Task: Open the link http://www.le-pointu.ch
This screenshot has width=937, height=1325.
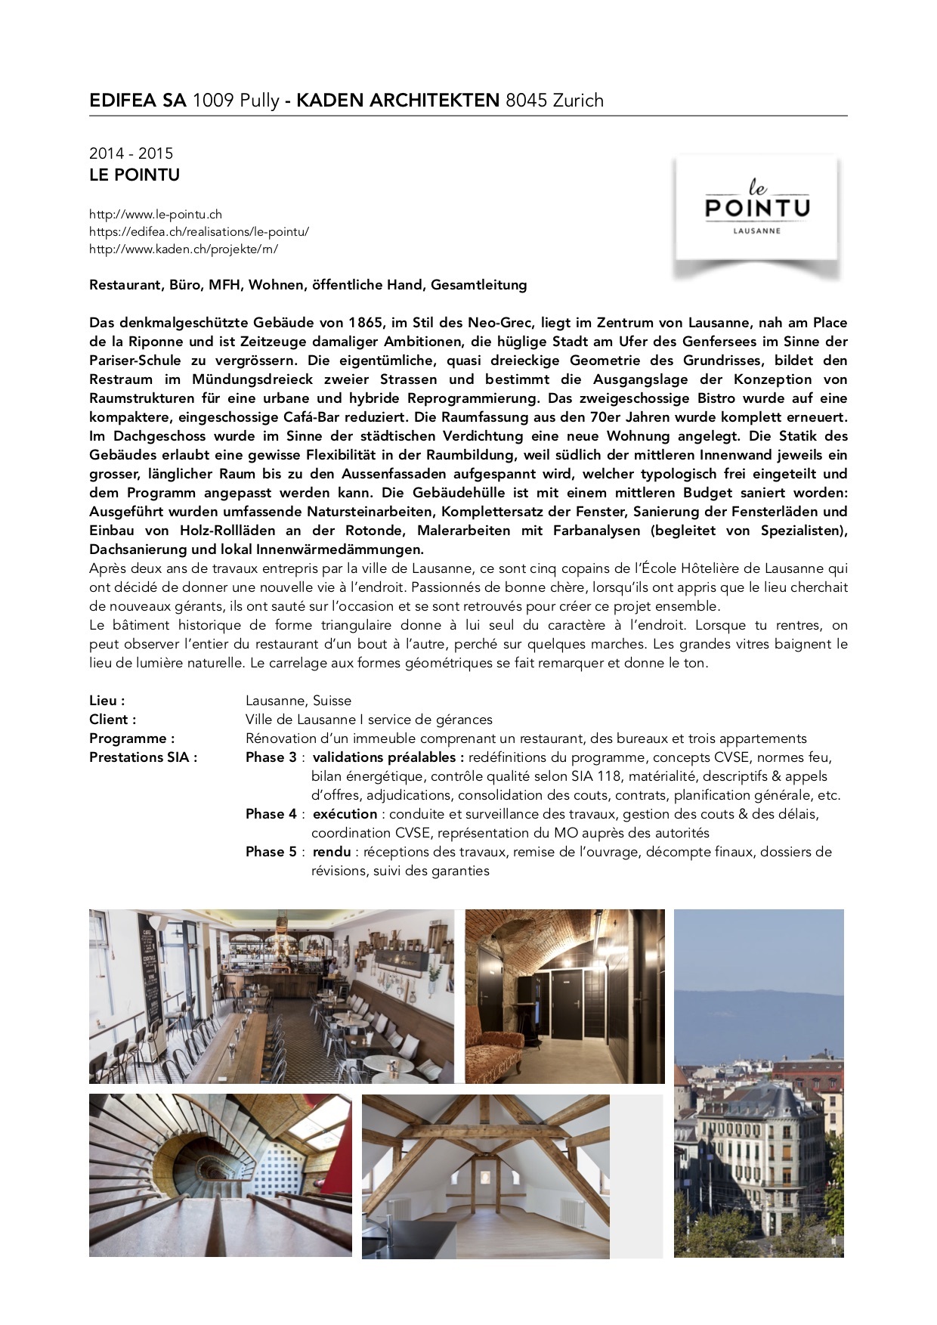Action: [156, 215]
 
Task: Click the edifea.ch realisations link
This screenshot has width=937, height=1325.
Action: [199, 232]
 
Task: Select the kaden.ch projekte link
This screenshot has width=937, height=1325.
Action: [184, 249]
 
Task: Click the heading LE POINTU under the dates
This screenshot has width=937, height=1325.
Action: [135, 175]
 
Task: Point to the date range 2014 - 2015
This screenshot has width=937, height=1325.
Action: [131, 153]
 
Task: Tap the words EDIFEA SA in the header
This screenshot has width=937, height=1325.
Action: [138, 101]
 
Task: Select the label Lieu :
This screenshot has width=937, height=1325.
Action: [107, 701]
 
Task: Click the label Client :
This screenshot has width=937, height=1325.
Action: [113, 720]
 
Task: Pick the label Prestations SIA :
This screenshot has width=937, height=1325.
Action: [143, 757]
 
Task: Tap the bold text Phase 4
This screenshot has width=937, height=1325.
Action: [271, 814]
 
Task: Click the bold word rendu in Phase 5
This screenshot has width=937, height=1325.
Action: [332, 852]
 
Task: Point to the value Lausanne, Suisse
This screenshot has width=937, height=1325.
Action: [298, 701]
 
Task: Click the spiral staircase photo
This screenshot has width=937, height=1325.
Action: [220, 1175]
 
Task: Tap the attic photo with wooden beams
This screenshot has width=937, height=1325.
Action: [485, 1176]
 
